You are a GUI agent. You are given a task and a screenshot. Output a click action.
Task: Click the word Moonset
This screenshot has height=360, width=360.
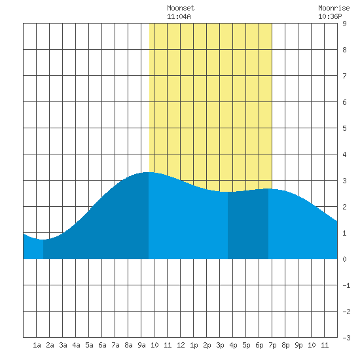[181, 8]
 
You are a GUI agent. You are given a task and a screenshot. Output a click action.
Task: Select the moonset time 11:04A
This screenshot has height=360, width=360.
[179, 16]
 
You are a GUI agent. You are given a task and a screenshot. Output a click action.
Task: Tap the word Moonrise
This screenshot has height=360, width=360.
[334, 8]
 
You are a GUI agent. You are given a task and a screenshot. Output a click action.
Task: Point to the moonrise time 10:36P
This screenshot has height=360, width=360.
[330, 16]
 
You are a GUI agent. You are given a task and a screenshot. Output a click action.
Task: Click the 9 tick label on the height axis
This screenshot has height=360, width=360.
[344, 24]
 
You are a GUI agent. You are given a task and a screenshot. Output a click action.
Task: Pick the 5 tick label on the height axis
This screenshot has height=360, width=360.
[344, 128]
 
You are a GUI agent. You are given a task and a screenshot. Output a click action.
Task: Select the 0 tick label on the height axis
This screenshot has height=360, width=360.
[344, 259]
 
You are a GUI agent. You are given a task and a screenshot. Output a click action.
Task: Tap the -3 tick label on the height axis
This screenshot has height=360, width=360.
[346, 338]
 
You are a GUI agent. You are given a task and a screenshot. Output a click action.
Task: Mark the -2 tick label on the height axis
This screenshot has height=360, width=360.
[346, 312]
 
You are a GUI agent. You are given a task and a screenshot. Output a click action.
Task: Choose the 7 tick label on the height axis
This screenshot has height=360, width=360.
[344, 76]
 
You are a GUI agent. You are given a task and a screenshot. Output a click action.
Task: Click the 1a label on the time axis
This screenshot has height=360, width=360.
[37, 345]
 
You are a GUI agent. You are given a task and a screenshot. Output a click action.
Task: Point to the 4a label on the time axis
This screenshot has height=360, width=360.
[76, 345]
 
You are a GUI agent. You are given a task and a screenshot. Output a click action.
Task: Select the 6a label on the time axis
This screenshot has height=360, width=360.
[102, 345]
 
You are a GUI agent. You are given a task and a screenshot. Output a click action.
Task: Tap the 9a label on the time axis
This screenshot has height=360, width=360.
[141, 345]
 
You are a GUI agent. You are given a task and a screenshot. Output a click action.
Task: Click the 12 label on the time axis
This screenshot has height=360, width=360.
[181, 345]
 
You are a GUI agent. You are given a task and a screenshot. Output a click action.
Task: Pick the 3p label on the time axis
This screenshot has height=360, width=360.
[220, 345]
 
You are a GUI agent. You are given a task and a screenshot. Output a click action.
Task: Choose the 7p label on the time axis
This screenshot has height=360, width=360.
[272, 345]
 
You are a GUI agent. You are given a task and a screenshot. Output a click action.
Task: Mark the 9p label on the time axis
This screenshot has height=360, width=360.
[298, 345]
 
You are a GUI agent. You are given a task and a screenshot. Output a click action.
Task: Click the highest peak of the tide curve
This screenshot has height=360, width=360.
[149, 172]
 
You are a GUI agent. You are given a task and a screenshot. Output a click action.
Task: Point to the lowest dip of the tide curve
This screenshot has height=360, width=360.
[43, 240]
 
